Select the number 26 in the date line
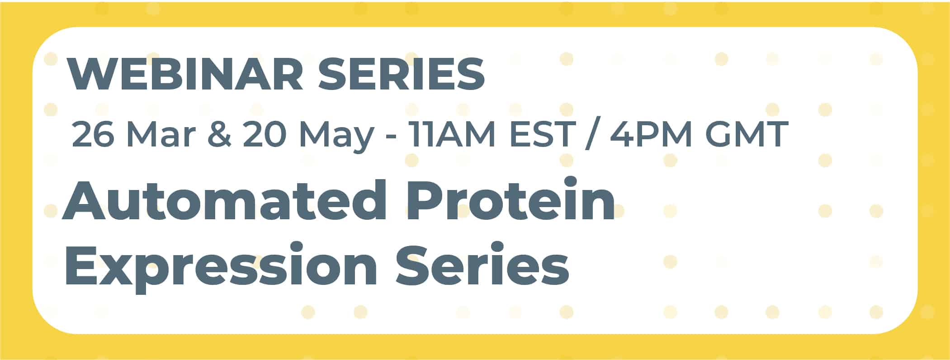click(93, 134)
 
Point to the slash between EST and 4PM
click(590, 134)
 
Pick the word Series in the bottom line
click(482, 264)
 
